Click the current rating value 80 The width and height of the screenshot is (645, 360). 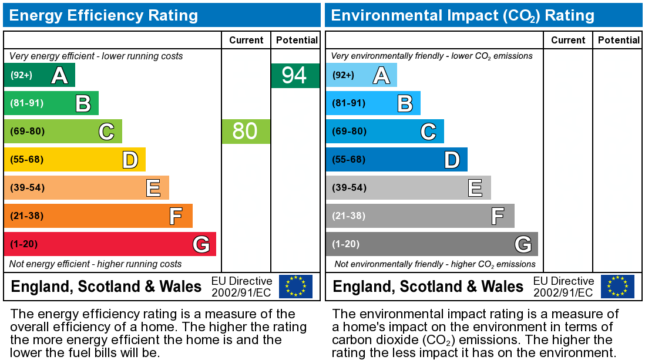pos(246,131)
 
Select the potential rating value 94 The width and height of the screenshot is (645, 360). pos(295,76)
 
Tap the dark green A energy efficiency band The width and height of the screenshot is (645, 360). pos(39,75)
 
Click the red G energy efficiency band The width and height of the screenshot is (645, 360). pos(110,244)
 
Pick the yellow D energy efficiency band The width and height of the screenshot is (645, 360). pos(75,159)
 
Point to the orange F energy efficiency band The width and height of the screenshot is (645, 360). pos(98,216)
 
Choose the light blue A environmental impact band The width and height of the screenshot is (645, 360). pos(361,75)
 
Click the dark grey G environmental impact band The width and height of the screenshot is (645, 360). pos(432,244)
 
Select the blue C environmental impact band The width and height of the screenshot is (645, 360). pos(385,131)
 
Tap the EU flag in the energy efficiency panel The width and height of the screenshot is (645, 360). pos(295,286)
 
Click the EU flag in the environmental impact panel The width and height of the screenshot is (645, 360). pos(617,286)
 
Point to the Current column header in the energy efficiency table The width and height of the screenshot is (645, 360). pos(246,40)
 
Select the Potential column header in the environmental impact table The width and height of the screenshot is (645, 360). pos(619,40)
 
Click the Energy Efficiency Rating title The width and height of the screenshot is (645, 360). pos(104,15)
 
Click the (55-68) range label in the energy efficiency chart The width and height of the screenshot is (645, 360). pos(27,159)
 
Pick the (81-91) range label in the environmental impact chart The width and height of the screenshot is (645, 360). pos(349,103)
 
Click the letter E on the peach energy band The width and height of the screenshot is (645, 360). pos(153,188)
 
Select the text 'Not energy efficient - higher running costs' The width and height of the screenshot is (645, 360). pos(96,264)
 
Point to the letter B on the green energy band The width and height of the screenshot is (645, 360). pos(83,103)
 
